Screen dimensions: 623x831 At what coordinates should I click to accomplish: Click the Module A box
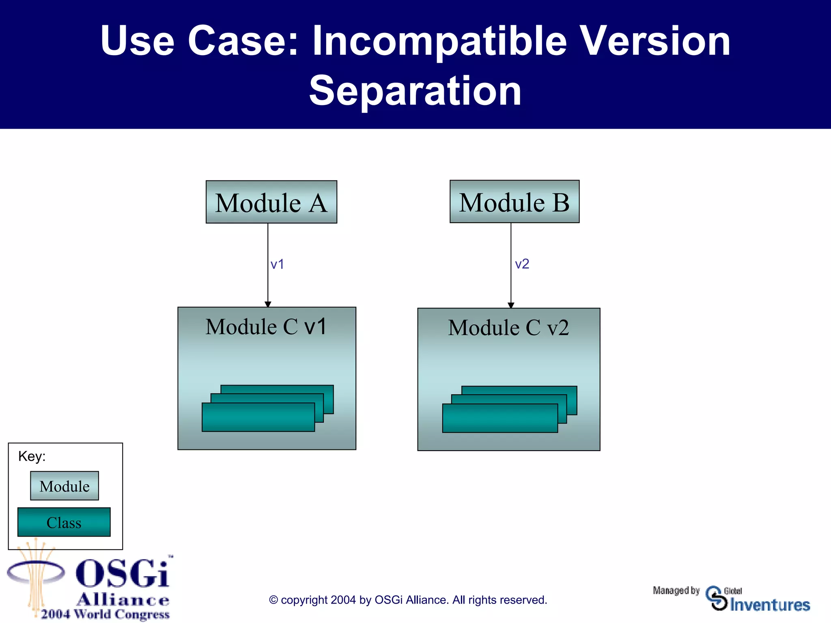(x=271, y=202)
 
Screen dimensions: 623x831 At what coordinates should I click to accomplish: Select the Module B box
(x=514, y=202)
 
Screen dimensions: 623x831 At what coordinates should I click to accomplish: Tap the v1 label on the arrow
(x=277, y=264)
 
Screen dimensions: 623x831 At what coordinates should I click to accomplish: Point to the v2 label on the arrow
(x=522, y=264)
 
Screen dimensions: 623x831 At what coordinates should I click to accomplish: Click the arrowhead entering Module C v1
(x=268, y=304)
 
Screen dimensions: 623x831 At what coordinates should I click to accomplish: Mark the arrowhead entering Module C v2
(x=511, y=305)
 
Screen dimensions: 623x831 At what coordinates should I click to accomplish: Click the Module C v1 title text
(x=266, y=327)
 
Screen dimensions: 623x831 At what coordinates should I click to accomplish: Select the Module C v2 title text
(x=508, y=328)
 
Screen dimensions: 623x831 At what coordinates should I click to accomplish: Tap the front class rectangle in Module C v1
(x=258, y=418)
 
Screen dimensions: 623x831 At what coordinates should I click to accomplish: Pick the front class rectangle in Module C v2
(x=499, y=419)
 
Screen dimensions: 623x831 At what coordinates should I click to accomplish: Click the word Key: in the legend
(x=32, y=457)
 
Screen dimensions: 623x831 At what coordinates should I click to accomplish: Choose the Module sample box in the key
(x=65, y=486)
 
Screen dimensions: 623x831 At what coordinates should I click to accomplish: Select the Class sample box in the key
(x=64, y=522)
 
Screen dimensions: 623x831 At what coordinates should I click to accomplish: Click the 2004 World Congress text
(x=105, y=614)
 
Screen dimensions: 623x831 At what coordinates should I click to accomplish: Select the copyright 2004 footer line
(x=408, y=600)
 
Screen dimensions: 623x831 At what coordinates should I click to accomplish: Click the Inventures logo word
(x=770, y=605)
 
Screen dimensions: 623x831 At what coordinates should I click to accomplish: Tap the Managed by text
(x=676, y=591)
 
